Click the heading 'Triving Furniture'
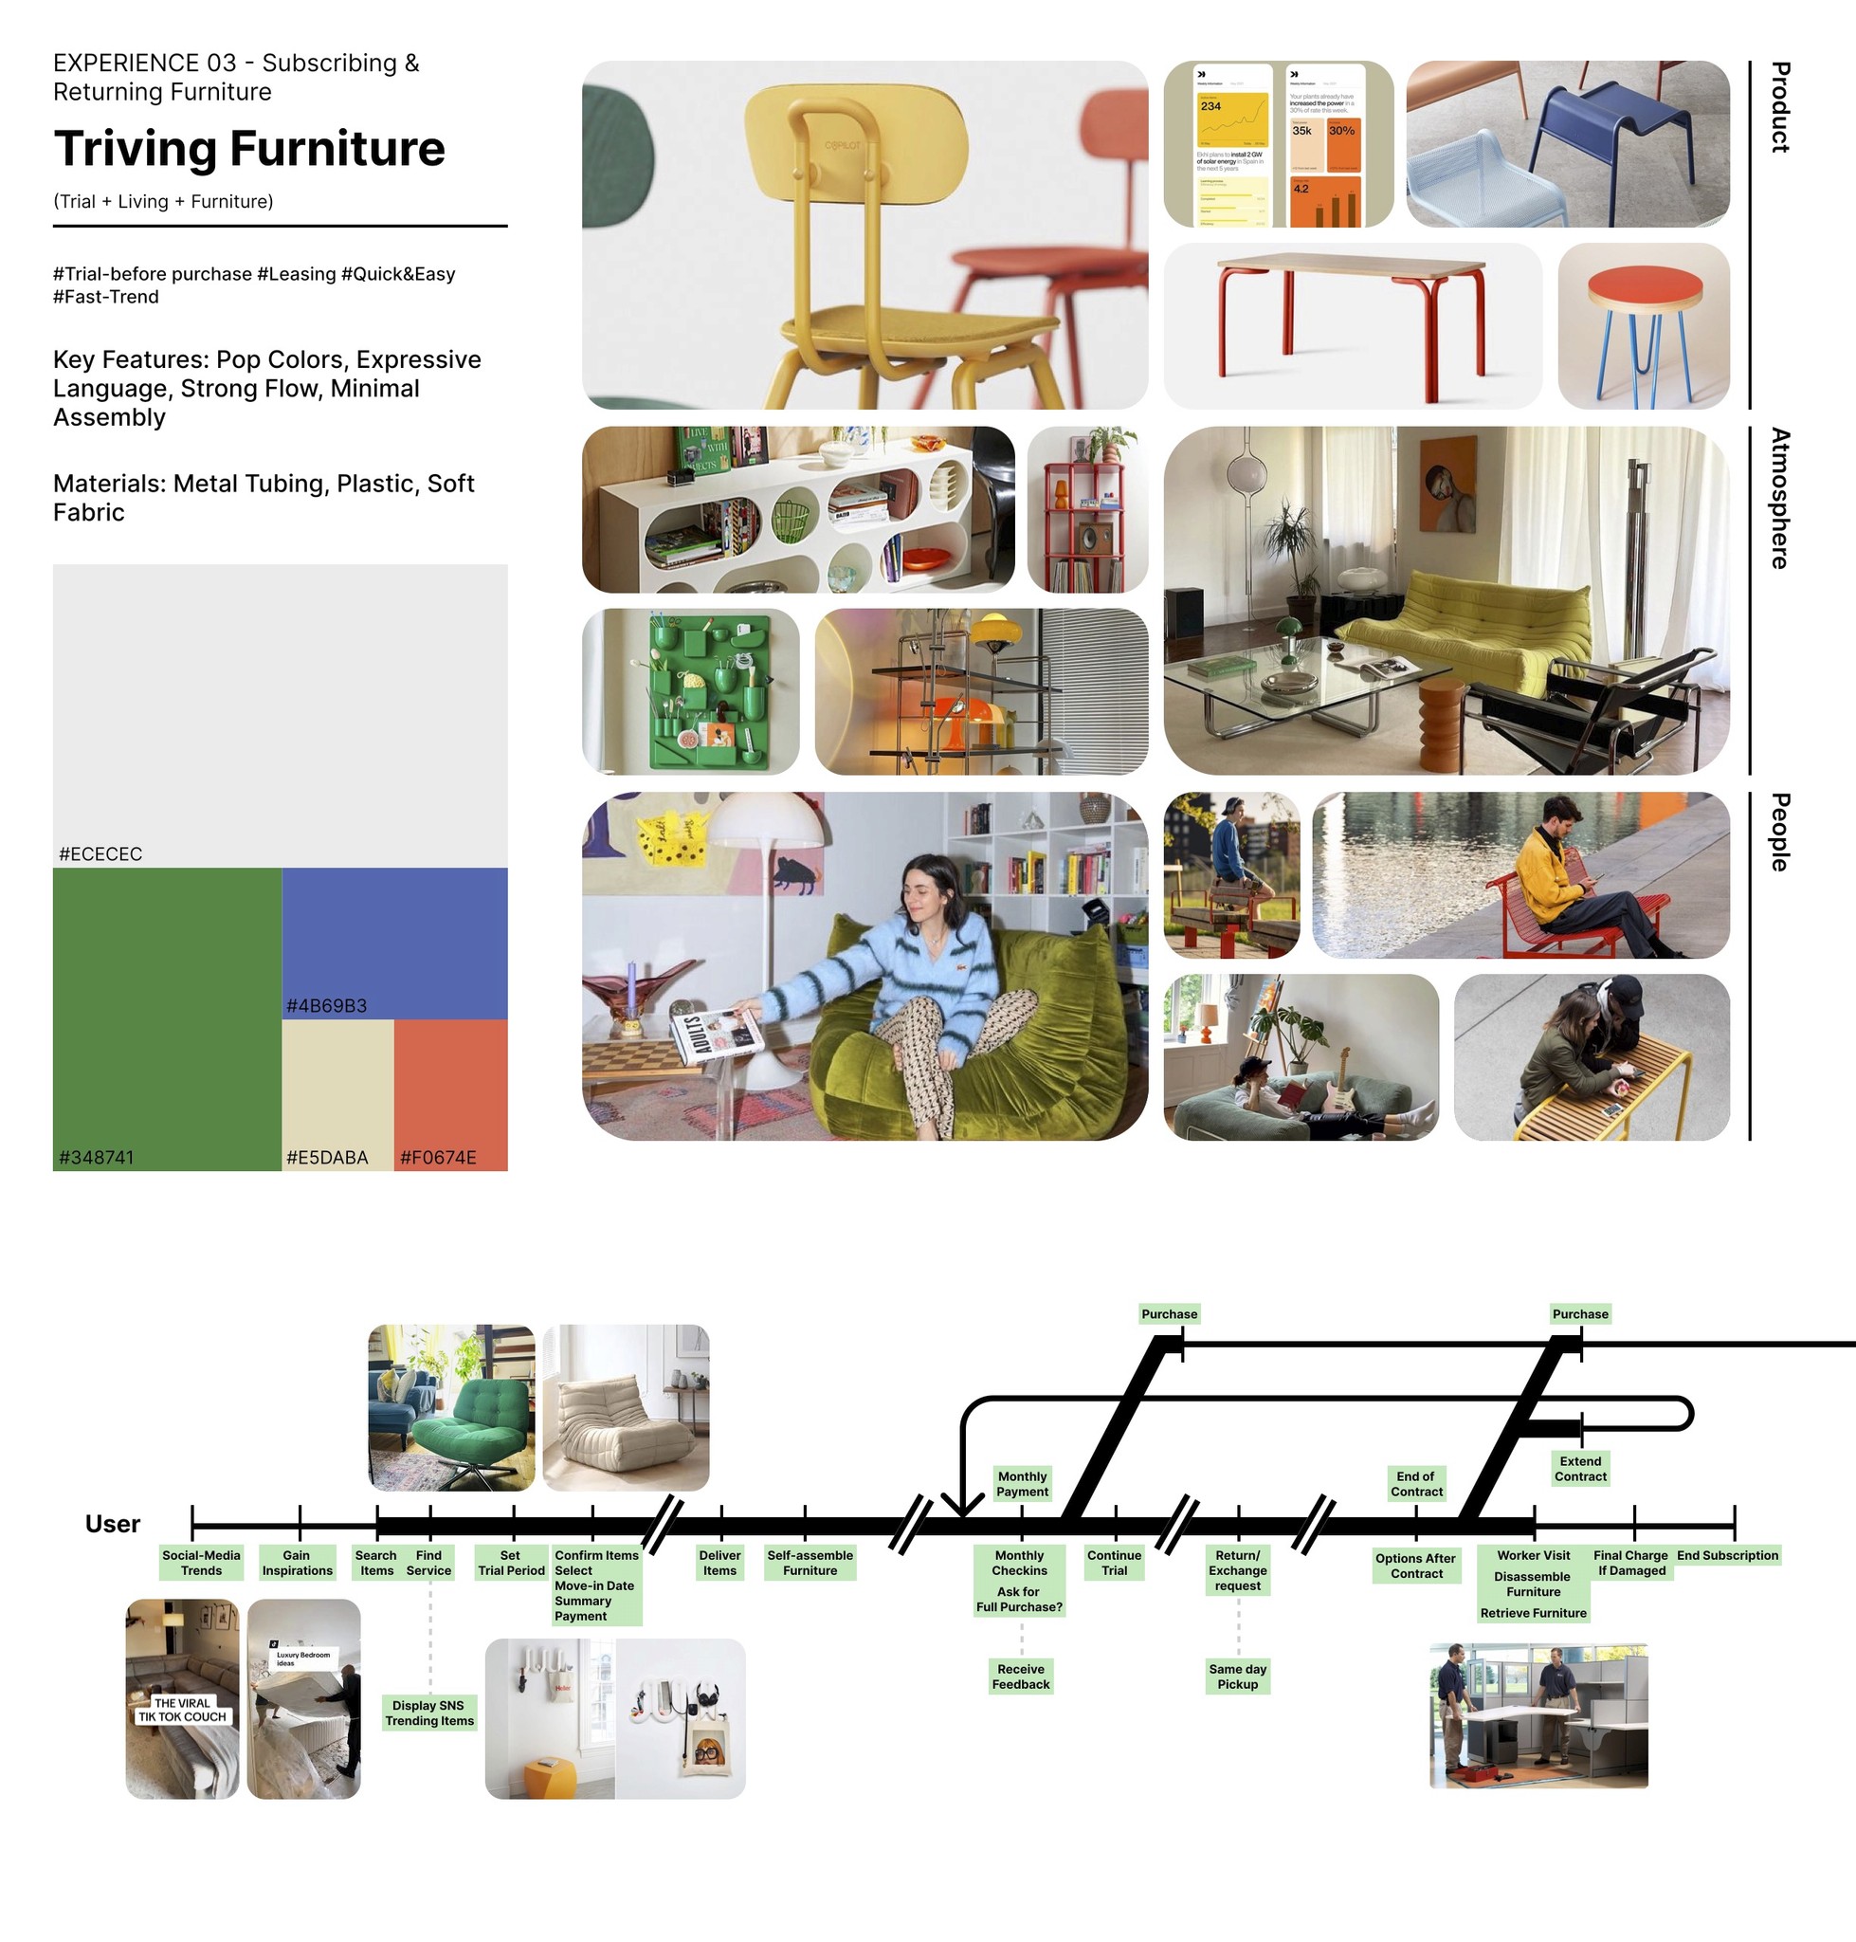tap(249, 149)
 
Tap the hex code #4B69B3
tap(326, 1006)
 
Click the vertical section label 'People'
tap(1780, 832)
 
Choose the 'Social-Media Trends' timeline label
tap(201, 1562)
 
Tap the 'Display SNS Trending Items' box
tap(429, 1713)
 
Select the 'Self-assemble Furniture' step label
tap(810, 1562)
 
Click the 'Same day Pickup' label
tap(1237, 1676)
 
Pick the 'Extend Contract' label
tap(1580, 1468)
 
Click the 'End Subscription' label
tap(1727, 1555)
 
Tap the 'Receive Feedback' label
tap(1021, 1676)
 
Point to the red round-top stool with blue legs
tap(1644, 326)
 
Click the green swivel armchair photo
tap(451, 1406)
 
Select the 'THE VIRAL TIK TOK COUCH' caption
tap(183, 1710)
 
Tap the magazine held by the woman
tap(716, 1034)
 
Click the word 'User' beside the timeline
tap(112, 1523)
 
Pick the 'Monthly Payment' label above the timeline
tap(1022, 1483)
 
